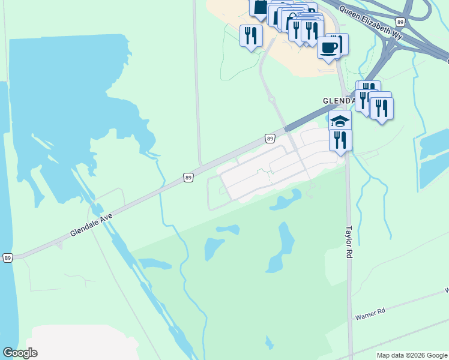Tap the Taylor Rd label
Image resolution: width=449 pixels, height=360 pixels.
tap(348, 242)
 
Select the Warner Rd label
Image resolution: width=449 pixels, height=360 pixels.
tap(369, 314)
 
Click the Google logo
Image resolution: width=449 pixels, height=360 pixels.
tap(20, 353)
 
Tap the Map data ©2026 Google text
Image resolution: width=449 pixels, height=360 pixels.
tap(412, 355)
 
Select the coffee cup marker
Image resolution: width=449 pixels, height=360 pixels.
tap(328, 47)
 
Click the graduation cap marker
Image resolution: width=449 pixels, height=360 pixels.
tap(340, 120)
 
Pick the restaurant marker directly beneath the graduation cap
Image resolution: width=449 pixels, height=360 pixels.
tap(340, 140)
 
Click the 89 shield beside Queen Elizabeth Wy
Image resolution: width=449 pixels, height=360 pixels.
tap(400, 22)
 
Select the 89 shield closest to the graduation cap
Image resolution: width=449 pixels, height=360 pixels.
tap(270, 139)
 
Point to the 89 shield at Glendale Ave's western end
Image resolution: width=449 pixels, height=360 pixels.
tap(7, 257)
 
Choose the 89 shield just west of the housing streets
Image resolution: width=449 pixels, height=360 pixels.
tap(188, 178)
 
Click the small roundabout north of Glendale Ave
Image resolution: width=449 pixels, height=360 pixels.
tap(271, 100)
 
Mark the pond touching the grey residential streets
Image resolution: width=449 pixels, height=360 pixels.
tap(287, 200)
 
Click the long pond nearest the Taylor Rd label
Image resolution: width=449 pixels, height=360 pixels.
tap(282, 246)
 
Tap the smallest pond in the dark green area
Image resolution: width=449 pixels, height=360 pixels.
tap(228, 229)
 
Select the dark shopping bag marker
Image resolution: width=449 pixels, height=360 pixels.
tap(260, 8)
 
